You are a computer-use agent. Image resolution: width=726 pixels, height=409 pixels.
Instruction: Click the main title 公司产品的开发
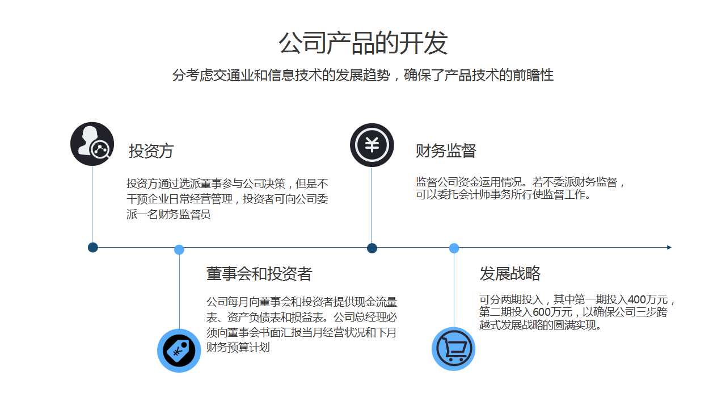click(x=363, y=43)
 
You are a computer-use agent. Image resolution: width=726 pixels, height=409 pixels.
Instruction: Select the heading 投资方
click(x=151, y=151)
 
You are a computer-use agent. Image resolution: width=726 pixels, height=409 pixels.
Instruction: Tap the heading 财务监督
click(x=446, y=151)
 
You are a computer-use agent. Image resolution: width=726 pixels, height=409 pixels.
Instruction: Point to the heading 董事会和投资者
click(x=259, y=274)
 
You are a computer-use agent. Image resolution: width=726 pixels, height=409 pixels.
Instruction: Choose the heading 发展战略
click(x=510, y=274)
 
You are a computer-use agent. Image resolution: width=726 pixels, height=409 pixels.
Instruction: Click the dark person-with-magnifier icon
click(x=92, y=144)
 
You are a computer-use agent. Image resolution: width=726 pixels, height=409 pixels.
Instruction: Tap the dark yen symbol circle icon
click(x=372, y=145)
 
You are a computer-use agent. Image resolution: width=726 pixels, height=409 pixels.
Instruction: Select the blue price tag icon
click(x=179, y=350)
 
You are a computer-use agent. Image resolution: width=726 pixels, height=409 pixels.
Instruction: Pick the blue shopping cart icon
click(x=453, y=349)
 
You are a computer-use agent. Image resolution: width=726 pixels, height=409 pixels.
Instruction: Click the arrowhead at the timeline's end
click(x=669, y=247)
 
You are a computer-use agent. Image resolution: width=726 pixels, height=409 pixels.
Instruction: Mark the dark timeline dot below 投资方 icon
click(x=93, y=247)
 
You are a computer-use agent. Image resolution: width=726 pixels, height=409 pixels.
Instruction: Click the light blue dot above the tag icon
click(x=179, y=249)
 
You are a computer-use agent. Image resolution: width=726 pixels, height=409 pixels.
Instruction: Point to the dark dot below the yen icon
click(x=372, y=248)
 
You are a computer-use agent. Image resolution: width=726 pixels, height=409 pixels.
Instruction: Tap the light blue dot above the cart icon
click(x=454, y=248)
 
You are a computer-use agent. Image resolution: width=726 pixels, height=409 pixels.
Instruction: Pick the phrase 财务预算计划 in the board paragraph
click(x=238, y=347)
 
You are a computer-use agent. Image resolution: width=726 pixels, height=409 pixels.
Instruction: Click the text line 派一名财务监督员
click(x=168, y=215)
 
